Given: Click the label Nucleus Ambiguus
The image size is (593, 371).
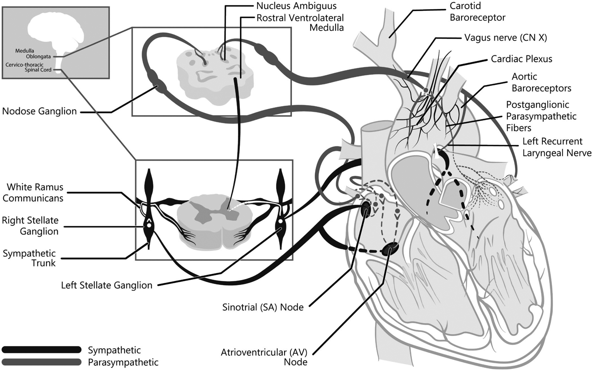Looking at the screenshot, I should pyautogui.click(x=296, y=6).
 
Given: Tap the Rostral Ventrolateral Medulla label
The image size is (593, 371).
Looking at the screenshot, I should pyautogui.click(x=300, y=23).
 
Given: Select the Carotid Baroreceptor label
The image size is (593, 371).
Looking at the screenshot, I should pyautogui.click(x=477, y=12).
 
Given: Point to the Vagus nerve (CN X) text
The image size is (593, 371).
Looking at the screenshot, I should pyautogui.click(x=506, y=38).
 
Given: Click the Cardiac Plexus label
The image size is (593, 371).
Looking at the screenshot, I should pyautogui.click(x=521, y=59).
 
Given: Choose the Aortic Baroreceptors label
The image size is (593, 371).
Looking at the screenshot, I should pyautogui.click(x=541, y=82).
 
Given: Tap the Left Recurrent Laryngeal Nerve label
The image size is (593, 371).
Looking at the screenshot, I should pyautogui.click(x=557, y=147).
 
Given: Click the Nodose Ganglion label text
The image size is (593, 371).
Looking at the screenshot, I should pyautogui.click(x=39, y=111).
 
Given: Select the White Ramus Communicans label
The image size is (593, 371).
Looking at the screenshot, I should pyautogui.click(x=33, y=192).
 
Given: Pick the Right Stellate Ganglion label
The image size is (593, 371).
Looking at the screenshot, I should pyautogui.click(x=30, y=226).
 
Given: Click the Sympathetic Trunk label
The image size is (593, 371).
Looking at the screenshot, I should pyautogui.click(x=29, y=258).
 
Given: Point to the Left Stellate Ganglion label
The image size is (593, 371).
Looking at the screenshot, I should pyautogui.click(x=107, y=285).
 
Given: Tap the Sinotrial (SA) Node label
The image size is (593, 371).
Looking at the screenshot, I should pyautogui.click(x=263, y=307).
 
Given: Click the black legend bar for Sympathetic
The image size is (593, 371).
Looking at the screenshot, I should pyautogui.click(x=41, y=349).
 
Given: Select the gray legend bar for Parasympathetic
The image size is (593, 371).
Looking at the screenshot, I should pyautogui.click(x=41, y=362).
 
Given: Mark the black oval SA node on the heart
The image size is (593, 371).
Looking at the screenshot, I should pyautogui.click(x=366, y=209).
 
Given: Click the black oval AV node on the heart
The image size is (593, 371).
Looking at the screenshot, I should pyautogui.click(x=390, y=249).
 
